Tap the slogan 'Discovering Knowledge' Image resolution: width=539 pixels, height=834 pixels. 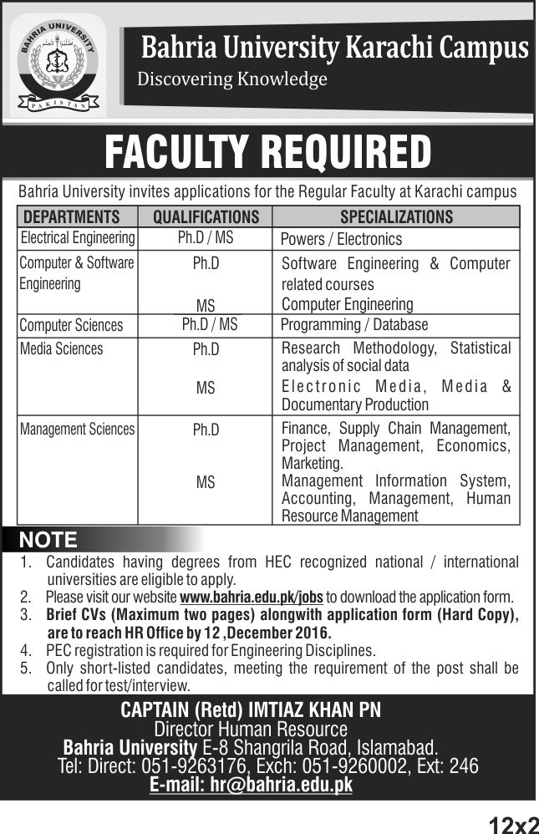231,80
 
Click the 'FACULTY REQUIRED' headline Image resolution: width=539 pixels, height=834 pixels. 268,152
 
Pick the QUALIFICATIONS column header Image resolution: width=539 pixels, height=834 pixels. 206,217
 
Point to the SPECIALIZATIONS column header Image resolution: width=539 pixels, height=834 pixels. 396,217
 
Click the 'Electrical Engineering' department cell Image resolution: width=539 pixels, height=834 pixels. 77,238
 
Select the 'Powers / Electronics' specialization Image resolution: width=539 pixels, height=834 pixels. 341,239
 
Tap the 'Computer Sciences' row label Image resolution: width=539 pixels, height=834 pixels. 71,325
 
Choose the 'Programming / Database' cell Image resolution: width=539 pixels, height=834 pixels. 354,324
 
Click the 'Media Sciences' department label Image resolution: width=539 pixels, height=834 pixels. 61,348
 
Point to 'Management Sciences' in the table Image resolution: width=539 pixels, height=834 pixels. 77,430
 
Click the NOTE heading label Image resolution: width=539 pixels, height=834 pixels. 48,539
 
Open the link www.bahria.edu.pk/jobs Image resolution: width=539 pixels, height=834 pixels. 251,598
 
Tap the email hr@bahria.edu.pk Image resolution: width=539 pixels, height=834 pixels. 251,785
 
